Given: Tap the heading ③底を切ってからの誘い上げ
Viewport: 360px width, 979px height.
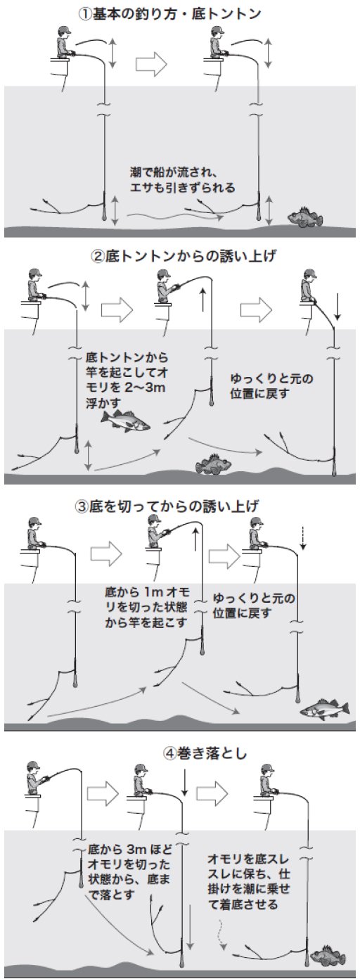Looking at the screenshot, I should pos(180,506).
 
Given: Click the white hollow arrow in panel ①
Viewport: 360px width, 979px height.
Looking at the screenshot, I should pos(152,64).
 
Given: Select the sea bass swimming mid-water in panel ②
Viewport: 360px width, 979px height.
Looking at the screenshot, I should pos(127,421).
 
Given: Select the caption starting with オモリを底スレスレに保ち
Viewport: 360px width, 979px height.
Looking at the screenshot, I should pos(250,879).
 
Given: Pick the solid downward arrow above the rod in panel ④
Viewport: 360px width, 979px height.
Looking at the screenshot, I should pos(184,783).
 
